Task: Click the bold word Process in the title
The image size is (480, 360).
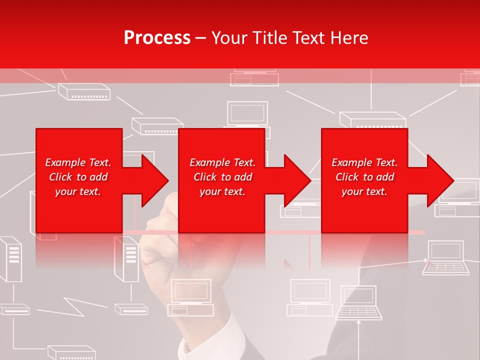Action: pos(157,38)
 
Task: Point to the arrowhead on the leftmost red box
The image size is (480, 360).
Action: pos(154,180)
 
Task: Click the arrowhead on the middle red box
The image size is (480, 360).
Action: pos(297,180)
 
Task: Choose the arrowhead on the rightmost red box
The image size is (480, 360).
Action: pos(440,180)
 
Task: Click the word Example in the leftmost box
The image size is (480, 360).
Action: pos(65,162)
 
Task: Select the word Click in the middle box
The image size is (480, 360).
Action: pos(204,177)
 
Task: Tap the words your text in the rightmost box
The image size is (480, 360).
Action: pos(364,191)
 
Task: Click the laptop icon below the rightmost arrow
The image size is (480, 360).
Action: pos(446,257)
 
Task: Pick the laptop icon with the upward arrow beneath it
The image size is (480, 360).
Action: pos(359,302)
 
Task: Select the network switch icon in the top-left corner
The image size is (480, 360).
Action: pos(84,91)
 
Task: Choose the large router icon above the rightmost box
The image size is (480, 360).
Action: pos(373,120)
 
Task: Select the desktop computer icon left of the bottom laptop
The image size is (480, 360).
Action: pos(310,297)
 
